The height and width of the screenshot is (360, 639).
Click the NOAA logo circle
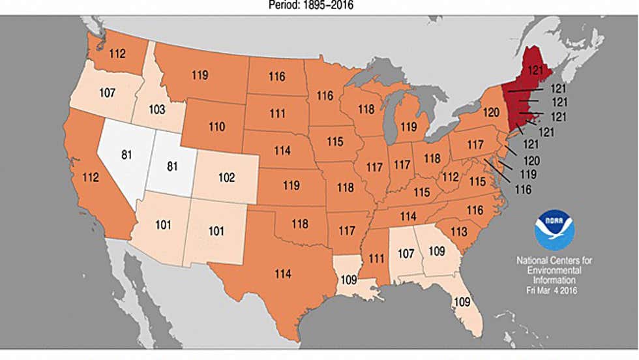554,230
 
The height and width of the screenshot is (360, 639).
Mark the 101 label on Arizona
163,225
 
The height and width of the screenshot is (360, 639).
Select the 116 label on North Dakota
276,76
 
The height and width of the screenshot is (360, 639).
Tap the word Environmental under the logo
554,270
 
